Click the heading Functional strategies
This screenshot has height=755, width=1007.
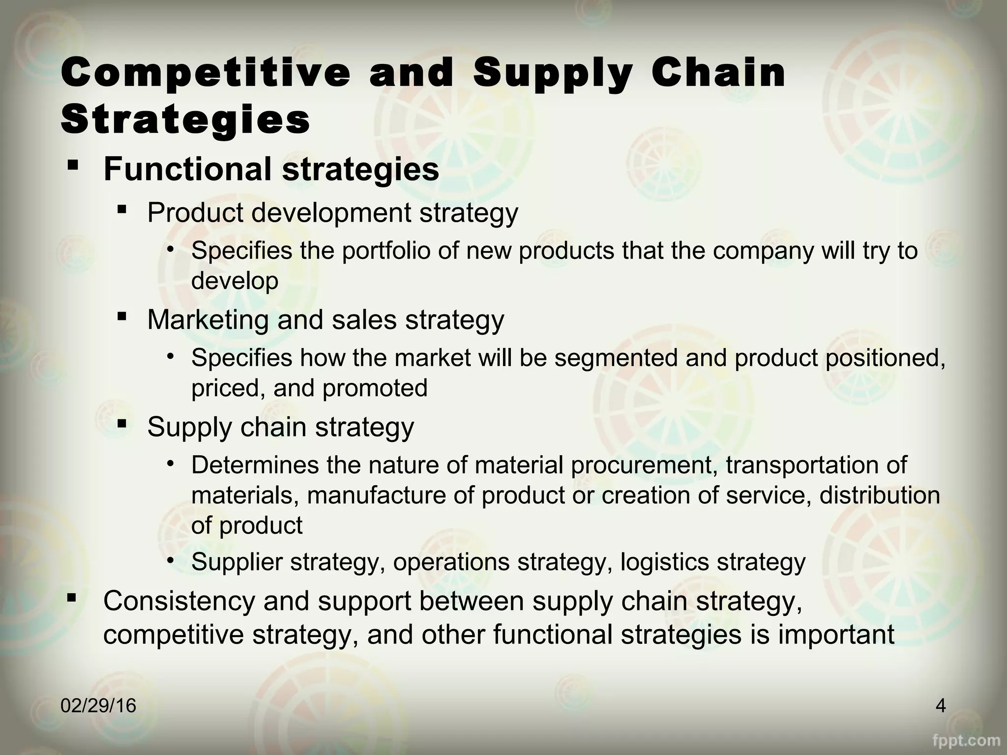coord(271,169)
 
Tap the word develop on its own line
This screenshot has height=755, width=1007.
coord(235,281)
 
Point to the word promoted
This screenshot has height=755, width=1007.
coord(375,388)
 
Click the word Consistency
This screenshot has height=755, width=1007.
coord(179,601)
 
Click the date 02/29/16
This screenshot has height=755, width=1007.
coord(98,706)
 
